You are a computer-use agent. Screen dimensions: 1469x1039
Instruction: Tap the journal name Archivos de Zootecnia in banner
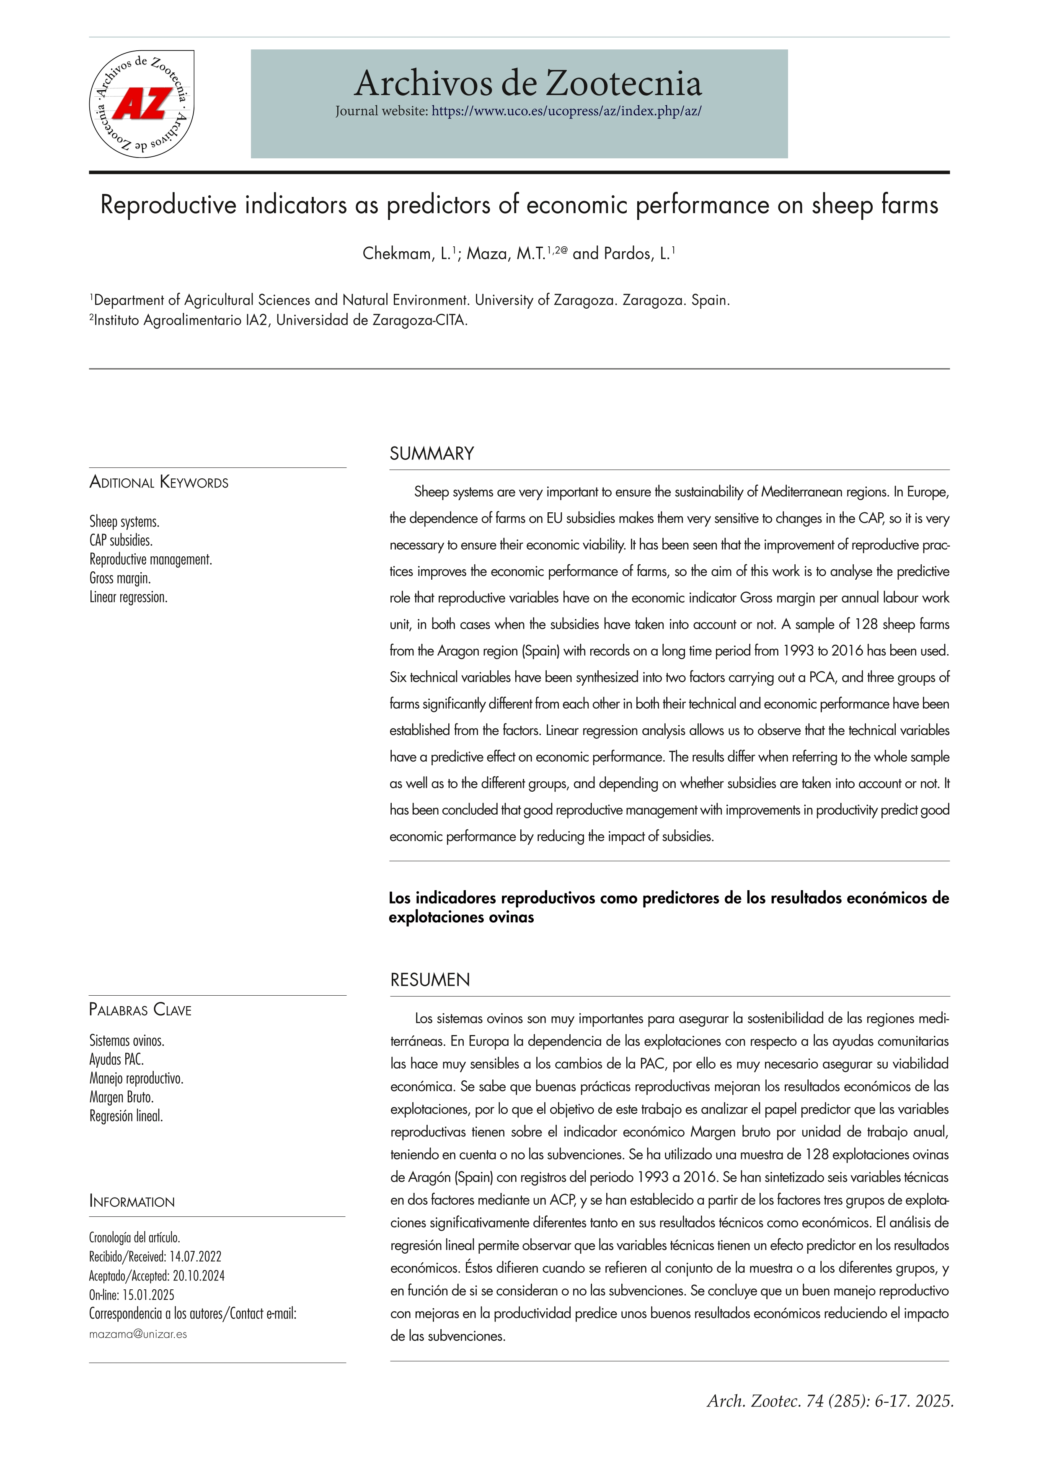pos(528,83)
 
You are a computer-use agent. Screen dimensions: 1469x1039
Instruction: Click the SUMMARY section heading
pos(432,454)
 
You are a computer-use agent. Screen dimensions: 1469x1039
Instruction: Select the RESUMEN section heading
pos(430,980)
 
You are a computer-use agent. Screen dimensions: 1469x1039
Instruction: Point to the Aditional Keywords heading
pos(159,483)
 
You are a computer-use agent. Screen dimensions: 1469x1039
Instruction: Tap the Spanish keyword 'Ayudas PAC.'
pos(116,1059)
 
